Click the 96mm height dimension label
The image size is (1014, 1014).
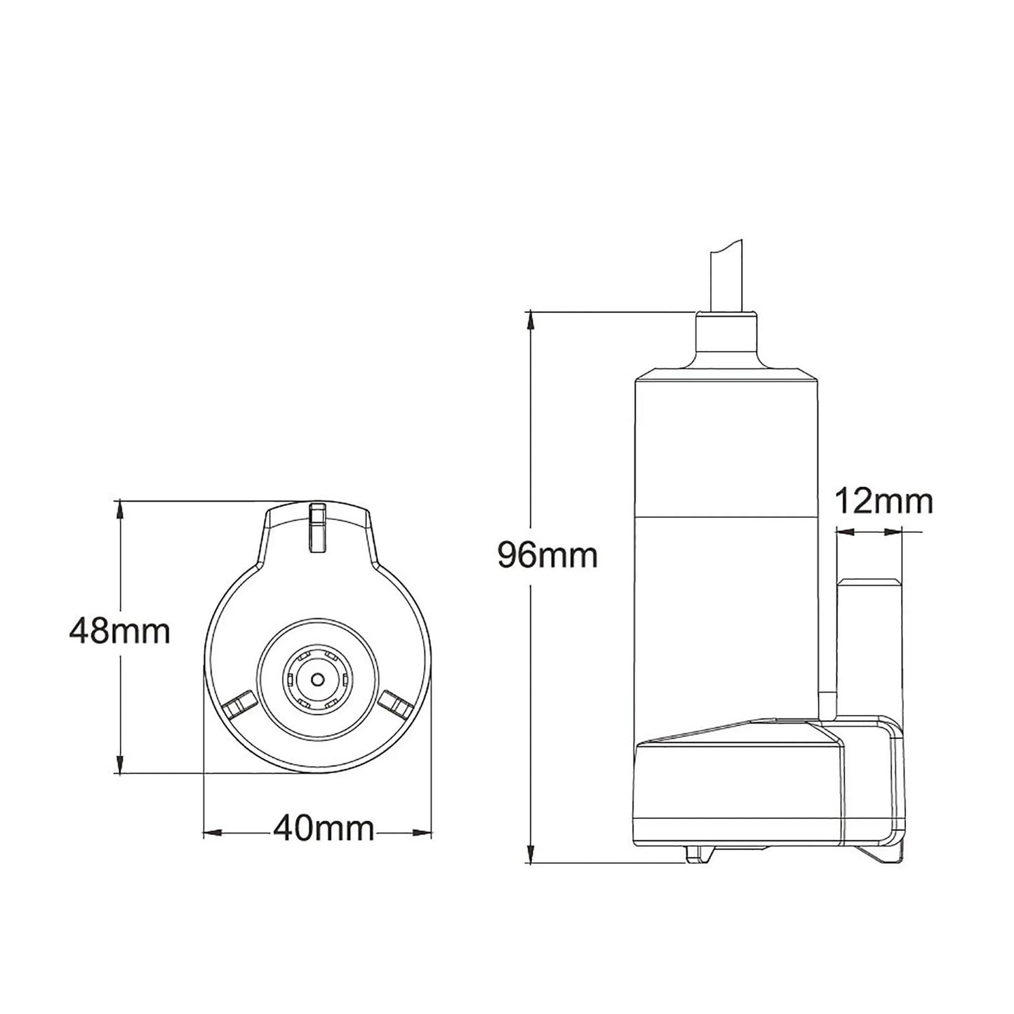[547, 555]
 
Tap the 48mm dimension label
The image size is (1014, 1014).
[120, 632]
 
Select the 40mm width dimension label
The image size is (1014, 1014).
[323, 829]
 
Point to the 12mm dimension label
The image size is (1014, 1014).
[883, 502]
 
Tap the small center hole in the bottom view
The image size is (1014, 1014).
[318, 679]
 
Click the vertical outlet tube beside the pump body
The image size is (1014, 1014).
[869, 646]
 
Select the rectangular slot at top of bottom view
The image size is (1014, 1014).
[318, 528]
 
